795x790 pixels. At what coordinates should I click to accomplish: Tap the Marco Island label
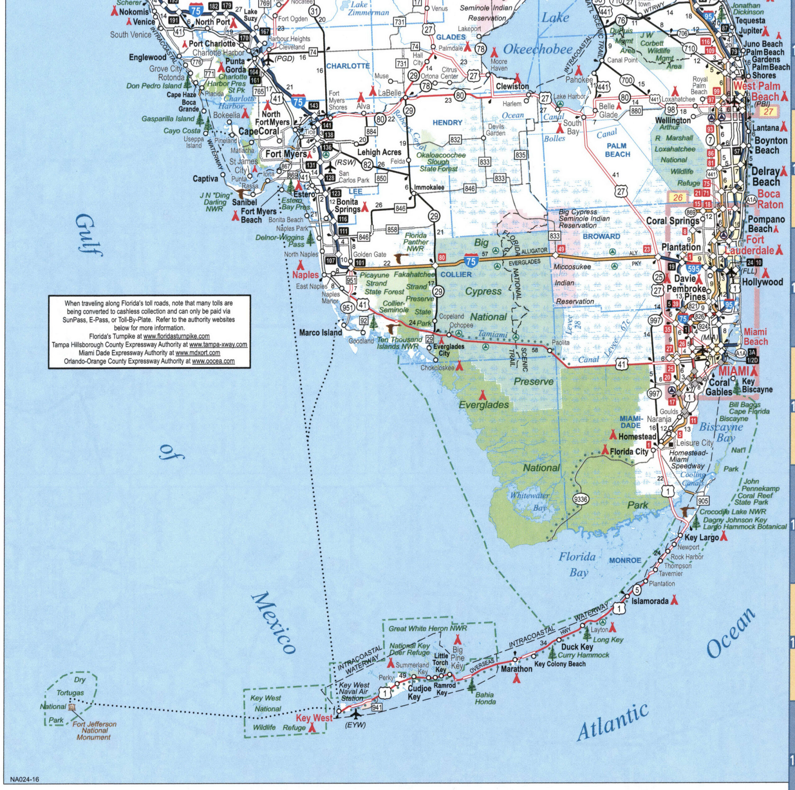(320, 332)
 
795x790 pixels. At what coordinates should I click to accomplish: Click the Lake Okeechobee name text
(538, 49)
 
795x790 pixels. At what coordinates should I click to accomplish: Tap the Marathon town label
(516, 669)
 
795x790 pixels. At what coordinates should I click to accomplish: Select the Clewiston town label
(512, 86)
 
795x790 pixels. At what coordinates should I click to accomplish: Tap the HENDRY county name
(447, 123)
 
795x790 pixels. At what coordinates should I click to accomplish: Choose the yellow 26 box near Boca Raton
(678, 197)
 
